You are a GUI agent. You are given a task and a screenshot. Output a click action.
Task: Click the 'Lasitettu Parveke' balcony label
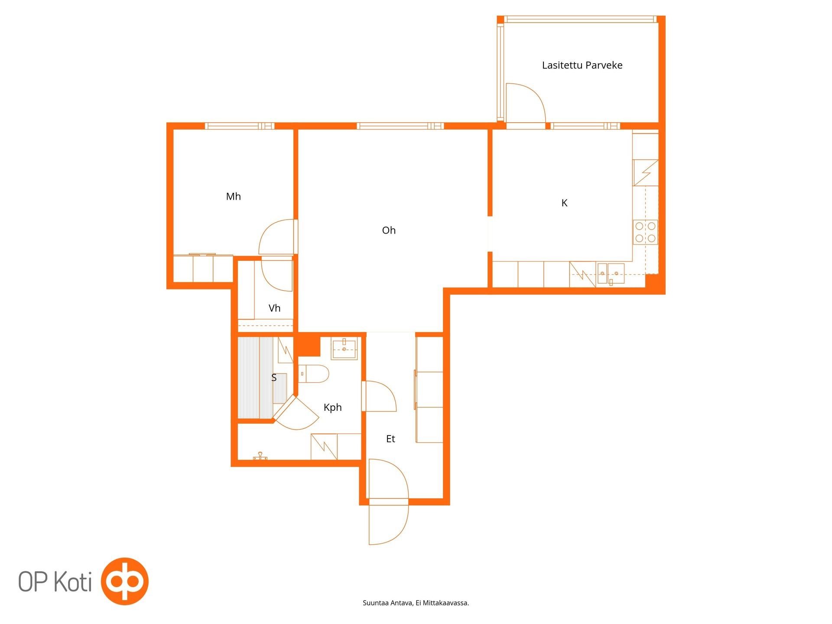coord(582,65)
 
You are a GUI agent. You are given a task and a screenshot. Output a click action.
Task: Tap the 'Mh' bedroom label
coord(233,197)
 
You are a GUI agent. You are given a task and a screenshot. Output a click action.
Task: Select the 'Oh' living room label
coord(389,230)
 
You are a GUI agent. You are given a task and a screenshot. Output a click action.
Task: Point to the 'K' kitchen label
coord(564,203)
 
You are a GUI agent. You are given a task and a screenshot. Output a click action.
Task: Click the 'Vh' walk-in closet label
coord(274,308)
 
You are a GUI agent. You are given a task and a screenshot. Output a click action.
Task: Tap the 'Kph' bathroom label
coord(332,407)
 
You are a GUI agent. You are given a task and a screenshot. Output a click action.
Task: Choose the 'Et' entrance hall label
coord(390,439)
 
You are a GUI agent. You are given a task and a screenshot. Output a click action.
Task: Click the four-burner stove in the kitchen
coord(645,232)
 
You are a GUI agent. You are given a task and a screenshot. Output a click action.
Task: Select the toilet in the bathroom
coord(314,374)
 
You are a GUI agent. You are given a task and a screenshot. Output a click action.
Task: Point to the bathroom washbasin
coord(344,349)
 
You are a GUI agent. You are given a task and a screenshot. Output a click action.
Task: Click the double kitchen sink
coord(611,273)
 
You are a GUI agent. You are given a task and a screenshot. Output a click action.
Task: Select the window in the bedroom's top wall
coord(240,126)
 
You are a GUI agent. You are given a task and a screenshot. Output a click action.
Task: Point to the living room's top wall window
coord(400,126)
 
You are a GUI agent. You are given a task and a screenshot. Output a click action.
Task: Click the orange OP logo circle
coord(125,581)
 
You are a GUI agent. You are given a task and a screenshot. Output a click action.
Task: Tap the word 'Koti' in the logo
coord(73,581)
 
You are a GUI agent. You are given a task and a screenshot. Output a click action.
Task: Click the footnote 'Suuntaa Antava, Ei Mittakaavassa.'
coord(416,603)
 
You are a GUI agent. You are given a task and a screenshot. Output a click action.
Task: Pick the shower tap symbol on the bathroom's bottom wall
coord(260,456)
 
